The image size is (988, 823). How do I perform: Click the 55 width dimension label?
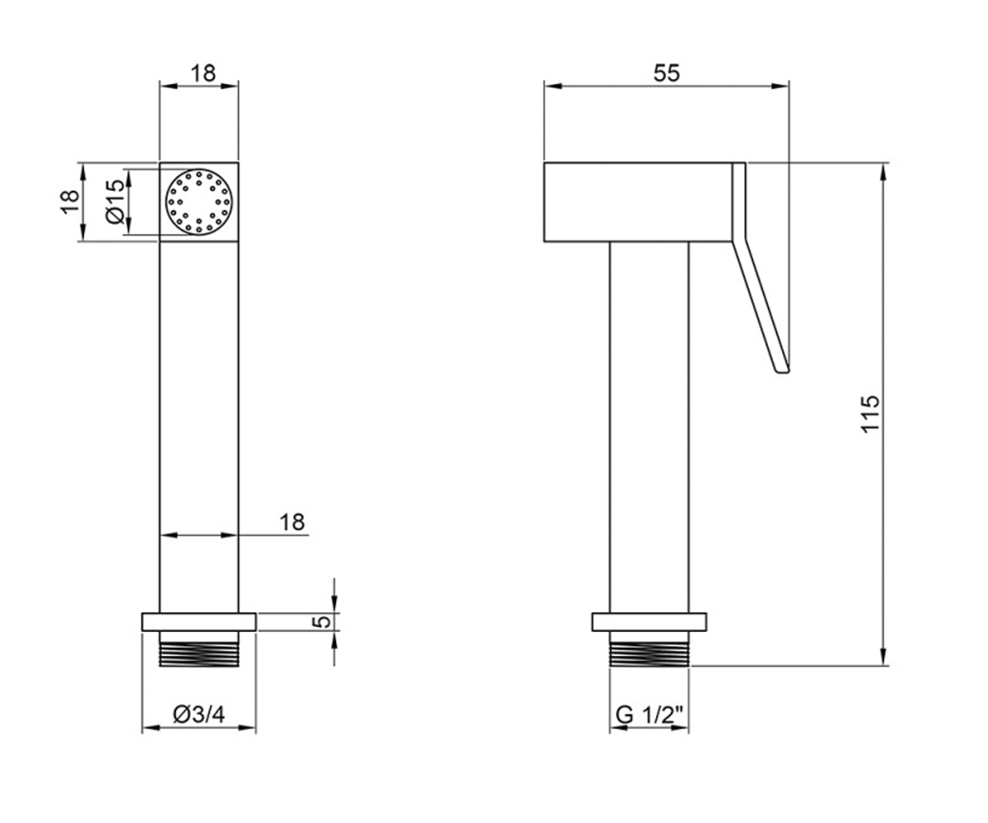(666, 73)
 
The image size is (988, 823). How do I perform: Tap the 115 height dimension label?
(870, 414)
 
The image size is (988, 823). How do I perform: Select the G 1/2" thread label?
(650, 714)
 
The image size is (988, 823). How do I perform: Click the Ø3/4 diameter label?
(198, 714)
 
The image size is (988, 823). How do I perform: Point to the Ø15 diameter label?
(115, 202)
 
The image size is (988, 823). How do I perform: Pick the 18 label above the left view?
(203, 73)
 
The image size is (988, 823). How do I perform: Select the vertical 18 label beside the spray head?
(70, 202)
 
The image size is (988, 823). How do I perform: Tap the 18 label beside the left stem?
(292, 522)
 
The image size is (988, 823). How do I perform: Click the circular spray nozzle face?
(198, 202)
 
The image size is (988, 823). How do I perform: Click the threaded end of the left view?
(198, 649)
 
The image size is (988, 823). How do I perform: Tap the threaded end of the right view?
(650, 649)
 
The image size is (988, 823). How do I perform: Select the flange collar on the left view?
(198, 622)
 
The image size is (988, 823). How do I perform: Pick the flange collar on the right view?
(650, 622)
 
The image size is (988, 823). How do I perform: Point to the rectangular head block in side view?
(638, 202)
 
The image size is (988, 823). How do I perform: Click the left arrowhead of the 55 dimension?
(552, 86)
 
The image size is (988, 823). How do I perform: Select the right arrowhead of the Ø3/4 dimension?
(247, 728)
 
